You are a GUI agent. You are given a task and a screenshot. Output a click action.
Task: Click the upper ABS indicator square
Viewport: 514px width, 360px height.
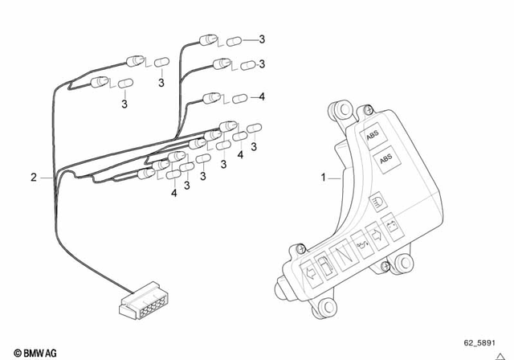[x=373, y=137]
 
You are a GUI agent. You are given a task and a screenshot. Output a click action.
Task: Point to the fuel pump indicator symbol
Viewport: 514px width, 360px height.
[x=320, y=264]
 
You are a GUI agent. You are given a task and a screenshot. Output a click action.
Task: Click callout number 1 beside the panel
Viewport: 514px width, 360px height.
[x=324, y=178]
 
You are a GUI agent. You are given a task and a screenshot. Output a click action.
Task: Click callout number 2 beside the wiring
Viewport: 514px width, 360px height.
[x=33, y=178]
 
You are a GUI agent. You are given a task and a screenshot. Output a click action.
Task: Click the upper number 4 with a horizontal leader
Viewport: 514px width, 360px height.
[x=261, y=97]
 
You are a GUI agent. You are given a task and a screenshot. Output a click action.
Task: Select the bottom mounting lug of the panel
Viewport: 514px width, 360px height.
[x=325, y=308]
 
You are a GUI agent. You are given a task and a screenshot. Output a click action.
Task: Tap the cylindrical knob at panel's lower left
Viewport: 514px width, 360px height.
[x=284, y=287]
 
